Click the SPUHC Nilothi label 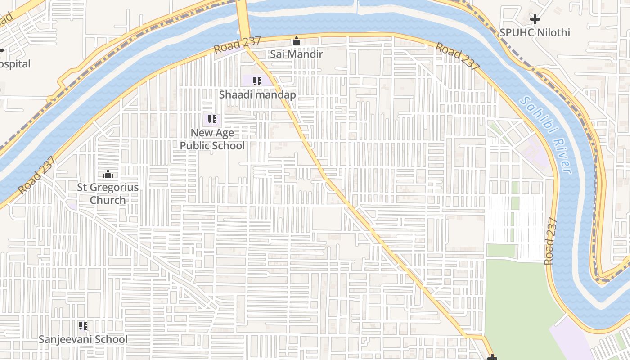tap(535, 32)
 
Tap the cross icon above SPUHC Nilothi tap(535, 19)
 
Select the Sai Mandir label tap(296, 54)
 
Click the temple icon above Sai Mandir tap(296, 41)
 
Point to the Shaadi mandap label tap(257, 94)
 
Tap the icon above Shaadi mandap tap(257, 81)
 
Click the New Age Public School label tap(212, 139)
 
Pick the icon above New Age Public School tap(212, 119)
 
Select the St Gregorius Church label tap(108, 193)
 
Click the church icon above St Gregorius tap(108, 174)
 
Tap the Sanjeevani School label tap(83, 339)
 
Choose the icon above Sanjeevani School tap(83, 325)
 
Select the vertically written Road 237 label tap(550, 241)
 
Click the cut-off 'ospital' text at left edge tap(15, 64)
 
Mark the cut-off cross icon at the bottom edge tap(492, 358)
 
